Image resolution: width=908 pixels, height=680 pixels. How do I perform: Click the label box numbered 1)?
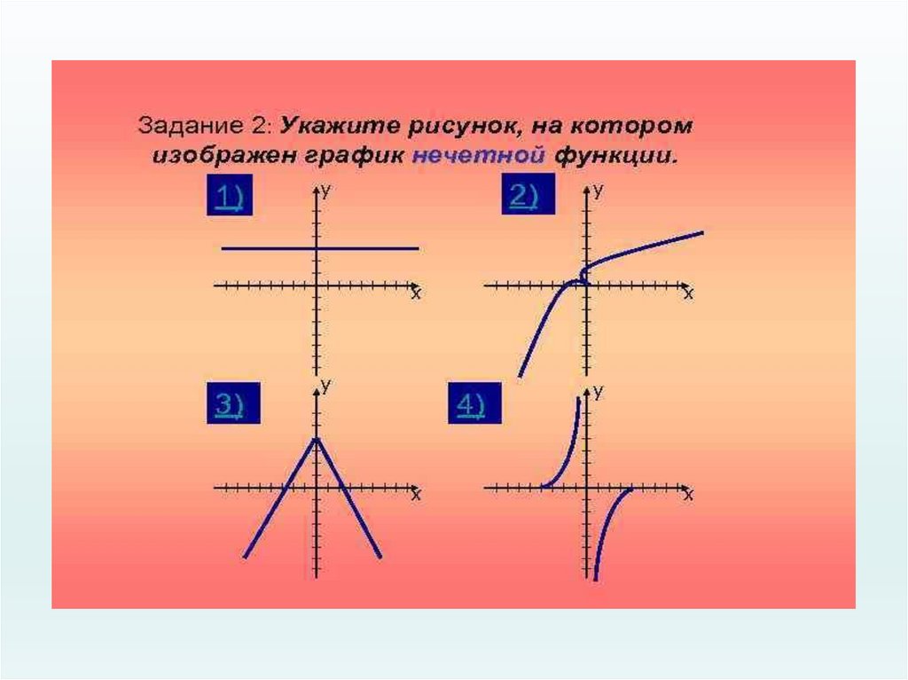click(x=230, y=199)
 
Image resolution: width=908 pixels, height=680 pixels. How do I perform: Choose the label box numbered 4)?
click(x=471, y=405)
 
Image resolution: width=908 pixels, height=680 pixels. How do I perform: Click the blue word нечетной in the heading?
click(x=478, y=157)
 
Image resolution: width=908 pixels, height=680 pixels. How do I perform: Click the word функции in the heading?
click(x=616, y=157)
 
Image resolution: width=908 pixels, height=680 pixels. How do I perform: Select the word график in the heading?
click(x=357, y=157)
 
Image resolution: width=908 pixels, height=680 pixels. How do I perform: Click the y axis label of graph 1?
click(x=327, y=191)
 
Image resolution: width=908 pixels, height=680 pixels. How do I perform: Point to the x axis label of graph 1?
click(x=415, y=294)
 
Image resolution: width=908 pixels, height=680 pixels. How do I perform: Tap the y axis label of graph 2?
click(x=599, y=191)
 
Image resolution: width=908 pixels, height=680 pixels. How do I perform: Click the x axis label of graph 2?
click(x=688, y=294)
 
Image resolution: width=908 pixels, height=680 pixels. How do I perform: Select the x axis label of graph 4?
click(x=688, y=496)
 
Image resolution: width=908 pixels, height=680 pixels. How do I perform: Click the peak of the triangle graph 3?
click(x=316, y=438)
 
